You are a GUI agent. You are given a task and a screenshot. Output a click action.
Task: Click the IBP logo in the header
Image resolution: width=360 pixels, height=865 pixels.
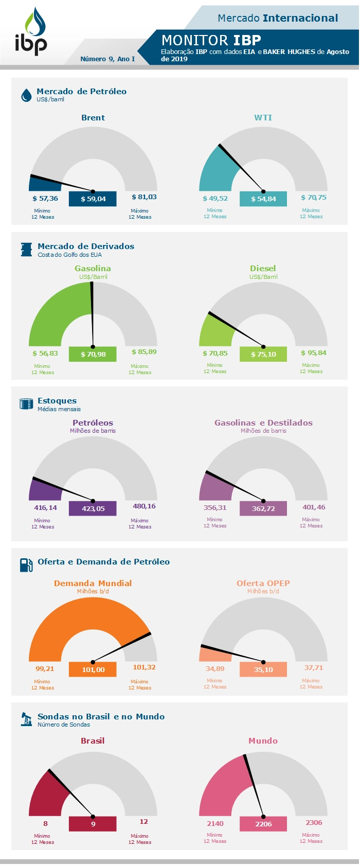pyautogui.click(x=31, y=32)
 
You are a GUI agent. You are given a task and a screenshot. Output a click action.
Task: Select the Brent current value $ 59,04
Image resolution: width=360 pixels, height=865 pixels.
pyautogui.click(x=93, y=199)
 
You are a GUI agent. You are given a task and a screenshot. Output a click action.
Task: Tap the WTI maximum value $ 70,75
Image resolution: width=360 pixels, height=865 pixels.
pyautogui.click(x=314, y=198)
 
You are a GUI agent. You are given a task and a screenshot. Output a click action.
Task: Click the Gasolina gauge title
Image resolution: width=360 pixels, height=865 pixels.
pyautogui.click(x=93, y=269)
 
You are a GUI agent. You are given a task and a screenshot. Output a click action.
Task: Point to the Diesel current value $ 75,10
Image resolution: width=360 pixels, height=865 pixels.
pyautogui.click(x=263, y=354)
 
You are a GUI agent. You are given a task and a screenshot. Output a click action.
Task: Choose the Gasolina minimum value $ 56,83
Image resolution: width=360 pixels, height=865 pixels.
pyautogui.click(x=45, y=354)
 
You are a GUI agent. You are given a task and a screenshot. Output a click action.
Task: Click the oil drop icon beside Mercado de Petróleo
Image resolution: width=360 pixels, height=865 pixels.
pyautogui.click(x=26, y=95)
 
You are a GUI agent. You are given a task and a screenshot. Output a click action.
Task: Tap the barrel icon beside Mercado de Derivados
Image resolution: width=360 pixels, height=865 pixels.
pyautogui.click(x=26, y=250)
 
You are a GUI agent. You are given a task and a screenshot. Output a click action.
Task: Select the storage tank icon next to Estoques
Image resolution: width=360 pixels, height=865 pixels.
pyautogui.click(x=26, y=404)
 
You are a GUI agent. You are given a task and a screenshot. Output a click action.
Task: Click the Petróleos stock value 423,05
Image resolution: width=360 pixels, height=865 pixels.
pyautogui.click(x=93, y=508)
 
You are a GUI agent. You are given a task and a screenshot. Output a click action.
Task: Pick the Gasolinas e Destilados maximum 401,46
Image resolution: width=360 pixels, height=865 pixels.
pyautogui.click(x=314, y=507)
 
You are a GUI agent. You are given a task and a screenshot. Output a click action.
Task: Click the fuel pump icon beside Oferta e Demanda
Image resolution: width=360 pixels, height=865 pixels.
pyautogui.click(x=26, y=565)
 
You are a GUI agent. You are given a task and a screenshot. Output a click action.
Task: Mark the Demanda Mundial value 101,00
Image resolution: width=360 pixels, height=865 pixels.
pyautogui.click(x=93, y=669)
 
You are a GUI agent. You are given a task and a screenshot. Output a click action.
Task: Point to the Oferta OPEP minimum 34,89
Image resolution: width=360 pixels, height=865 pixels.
pyautogui.click(x=215, y=669)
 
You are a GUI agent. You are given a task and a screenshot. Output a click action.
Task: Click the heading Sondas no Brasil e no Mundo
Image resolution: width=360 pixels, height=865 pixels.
pyautogui.click(x=101, y=717)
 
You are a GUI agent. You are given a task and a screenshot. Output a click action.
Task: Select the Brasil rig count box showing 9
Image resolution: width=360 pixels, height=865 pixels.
pyautogui.click(x=93, y=824)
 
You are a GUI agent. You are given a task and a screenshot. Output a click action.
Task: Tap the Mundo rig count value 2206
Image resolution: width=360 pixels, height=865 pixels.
pyautogui.click(x=263, y=824)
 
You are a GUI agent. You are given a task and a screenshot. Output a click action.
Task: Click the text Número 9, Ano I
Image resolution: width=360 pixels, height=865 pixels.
pyautogui.click(x=107, y=59)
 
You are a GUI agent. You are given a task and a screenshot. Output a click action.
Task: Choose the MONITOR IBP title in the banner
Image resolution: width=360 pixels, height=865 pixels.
pyautogui.click(x=211, y=40)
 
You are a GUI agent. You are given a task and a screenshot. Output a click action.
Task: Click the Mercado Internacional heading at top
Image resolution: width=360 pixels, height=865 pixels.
pyautogui.click(x=278, y=18)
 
